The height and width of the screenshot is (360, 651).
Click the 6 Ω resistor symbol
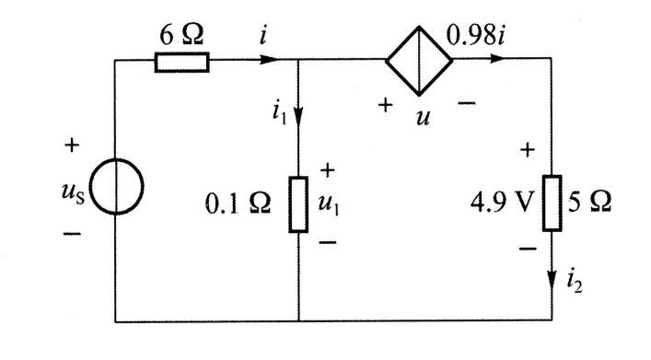tap(180, 62)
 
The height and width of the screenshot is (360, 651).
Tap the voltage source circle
tap(116, 197)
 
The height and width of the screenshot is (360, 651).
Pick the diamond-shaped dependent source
tap(419, 62)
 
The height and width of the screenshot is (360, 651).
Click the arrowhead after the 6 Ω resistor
tap(268, 62)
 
